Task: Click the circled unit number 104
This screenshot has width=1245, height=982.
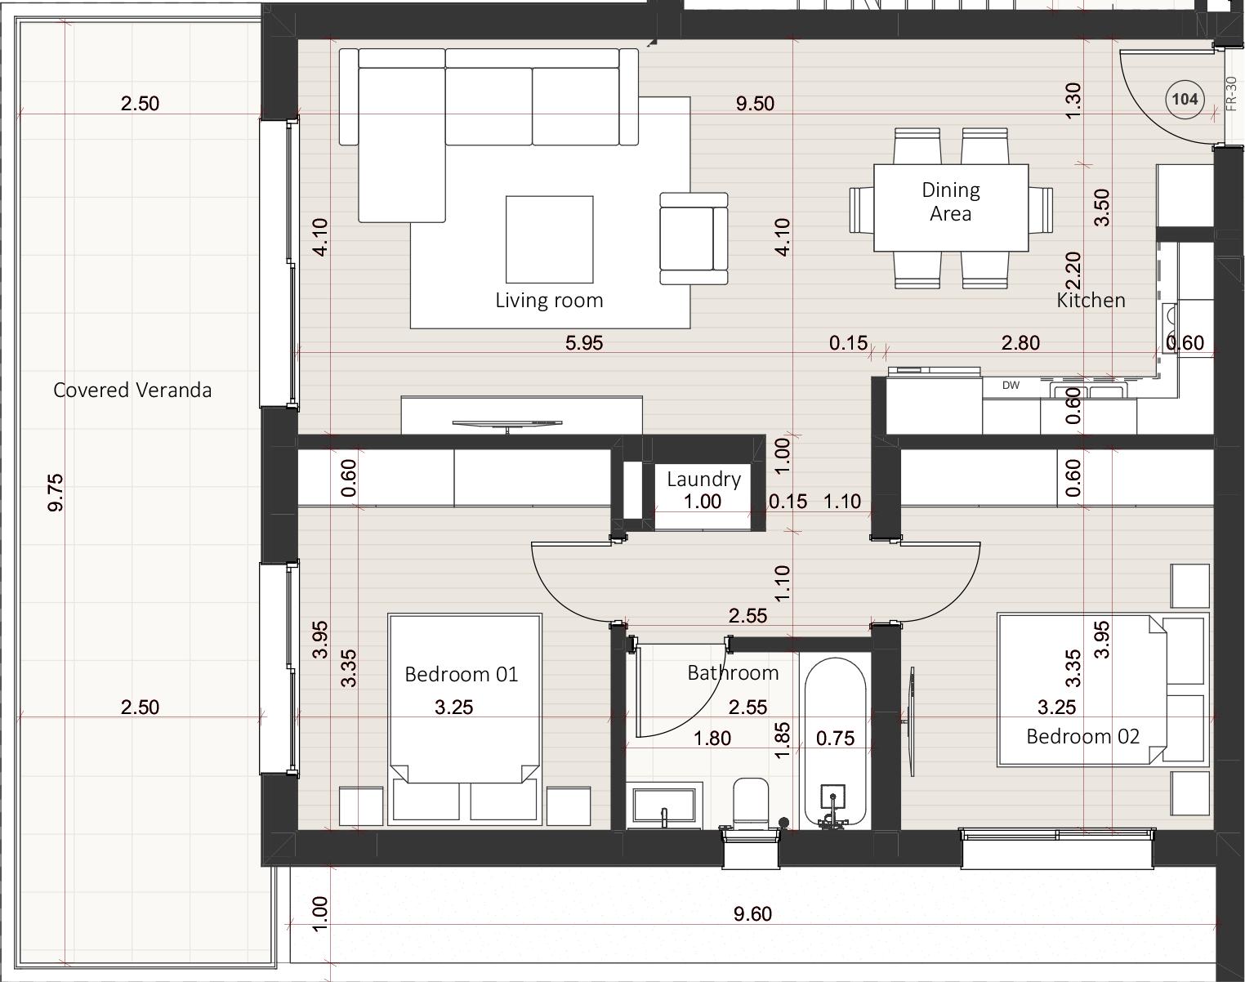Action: click(x=1185, y=100)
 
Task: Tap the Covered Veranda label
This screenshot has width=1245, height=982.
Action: click(x=132, y=390)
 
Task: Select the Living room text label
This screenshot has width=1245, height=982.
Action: click(x=549, y=301)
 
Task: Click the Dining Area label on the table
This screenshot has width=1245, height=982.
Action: click(x=951, y=201)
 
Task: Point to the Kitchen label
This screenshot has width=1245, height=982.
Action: click(x=1091, y=301)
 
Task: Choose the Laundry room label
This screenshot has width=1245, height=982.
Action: click(x=703, y=479)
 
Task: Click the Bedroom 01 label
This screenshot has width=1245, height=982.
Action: click(x=461, y=674)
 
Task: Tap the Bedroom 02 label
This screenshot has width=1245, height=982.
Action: click(x=1083, y=737)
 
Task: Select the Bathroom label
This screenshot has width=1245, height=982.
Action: click(x=733, y=673)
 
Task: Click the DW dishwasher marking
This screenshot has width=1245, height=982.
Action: click(x=1011, y=386)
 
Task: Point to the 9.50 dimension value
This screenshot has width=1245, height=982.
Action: click(x=755, y=104)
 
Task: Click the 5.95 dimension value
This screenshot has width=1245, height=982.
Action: click(x=584, y=343)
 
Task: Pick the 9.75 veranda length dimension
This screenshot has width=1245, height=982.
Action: click(x=56, y=493)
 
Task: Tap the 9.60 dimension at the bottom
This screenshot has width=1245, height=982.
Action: click(x=752, y=913)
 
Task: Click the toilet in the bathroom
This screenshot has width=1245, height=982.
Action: click(x=751, y=805)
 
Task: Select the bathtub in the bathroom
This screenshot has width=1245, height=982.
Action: click(x=836, y=743)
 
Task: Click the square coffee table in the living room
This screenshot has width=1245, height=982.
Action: click(x=549, y=239)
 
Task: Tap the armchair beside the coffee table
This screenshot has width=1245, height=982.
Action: click(x=694, y=239)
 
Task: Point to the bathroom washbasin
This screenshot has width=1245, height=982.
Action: click(x=664, y=805)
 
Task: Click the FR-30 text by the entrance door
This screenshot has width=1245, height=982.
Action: click(x=1231, y=94)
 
